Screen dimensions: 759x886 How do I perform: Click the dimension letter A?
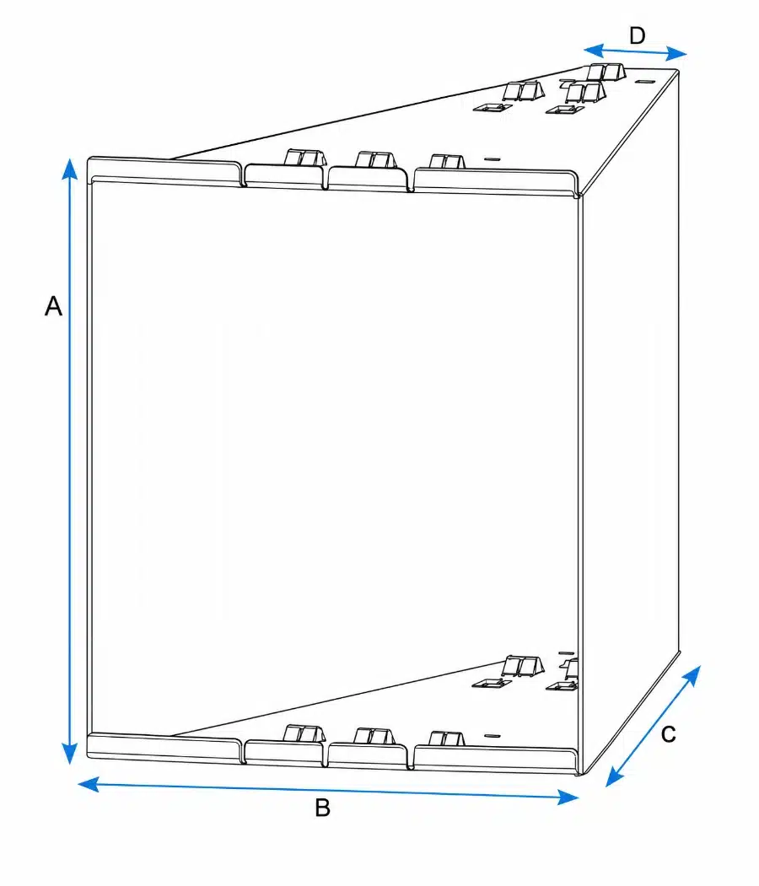point(53,306)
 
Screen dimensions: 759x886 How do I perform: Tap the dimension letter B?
point(323,808)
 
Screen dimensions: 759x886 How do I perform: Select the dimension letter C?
point(669,734)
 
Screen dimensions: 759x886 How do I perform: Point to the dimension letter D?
point(637,35)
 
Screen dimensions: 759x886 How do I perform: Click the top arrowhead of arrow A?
point(69,169)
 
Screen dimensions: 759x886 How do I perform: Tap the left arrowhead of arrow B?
point(89,784)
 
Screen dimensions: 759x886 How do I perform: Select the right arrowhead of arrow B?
point(568,797)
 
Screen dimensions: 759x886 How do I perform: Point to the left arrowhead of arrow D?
point(594,51)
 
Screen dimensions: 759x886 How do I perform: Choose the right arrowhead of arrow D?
point(676,54)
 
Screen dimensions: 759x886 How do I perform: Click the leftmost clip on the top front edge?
point(305,158)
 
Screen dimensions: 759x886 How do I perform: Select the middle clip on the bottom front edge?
point(374,736)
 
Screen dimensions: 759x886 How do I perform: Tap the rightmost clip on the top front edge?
point(447,162)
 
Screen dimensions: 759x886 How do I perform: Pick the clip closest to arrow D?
point(606,72)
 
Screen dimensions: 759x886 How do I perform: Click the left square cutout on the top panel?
point(493,107)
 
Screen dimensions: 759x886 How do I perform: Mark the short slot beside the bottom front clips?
point(493,736)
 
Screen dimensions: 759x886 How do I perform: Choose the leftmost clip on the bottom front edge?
point(304,734)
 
